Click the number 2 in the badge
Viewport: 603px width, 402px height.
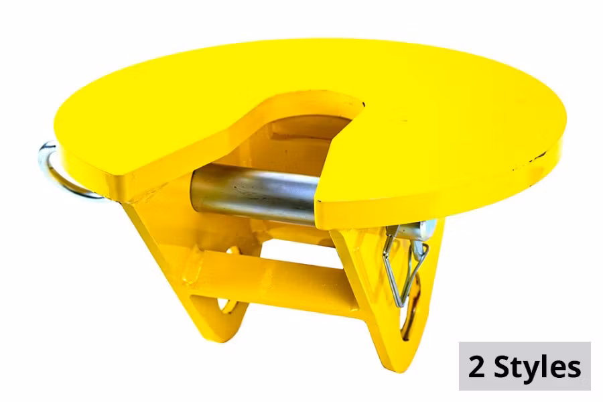[x=476, y=366]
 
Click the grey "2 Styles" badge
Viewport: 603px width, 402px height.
[x=524, y=366]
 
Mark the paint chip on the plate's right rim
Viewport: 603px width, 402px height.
[x=536, y=159]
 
